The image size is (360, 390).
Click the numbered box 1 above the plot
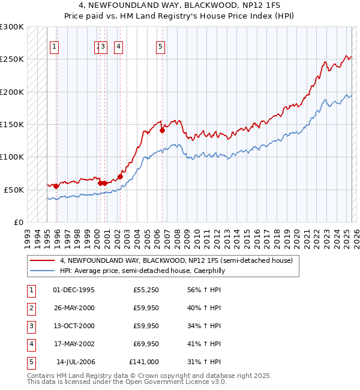pos(54,47)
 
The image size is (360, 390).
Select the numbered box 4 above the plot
pos(119,47)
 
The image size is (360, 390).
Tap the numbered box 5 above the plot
pos(161,47)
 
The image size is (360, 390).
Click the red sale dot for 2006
pos(162,130)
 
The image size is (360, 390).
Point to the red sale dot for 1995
pos(56,186)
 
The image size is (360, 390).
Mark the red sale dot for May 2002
pos(120,176)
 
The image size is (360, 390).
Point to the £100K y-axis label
pos(12,157)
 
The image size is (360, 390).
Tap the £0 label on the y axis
pos(17,222)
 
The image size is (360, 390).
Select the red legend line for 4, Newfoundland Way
pos(43,260)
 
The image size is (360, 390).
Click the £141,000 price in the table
pos(144,362)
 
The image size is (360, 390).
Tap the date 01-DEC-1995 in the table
pos(74,290)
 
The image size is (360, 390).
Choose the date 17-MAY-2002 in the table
pos(74,344)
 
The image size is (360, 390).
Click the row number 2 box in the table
pos(31,308)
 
